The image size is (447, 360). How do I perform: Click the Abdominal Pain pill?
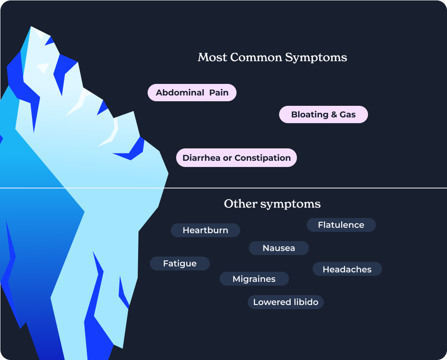click(192, 93)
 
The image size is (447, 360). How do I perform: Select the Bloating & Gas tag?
click(323, 114)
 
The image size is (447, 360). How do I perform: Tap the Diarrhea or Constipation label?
click(237, 157)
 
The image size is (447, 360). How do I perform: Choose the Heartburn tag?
click(205, 230)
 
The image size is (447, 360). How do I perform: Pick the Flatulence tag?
click(341, 225)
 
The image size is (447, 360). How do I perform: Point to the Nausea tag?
click(279, 248)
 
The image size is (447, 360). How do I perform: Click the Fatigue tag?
click(179, 263)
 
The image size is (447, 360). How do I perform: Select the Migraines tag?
click(254, 279)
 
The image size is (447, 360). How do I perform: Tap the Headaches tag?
click(347, 269)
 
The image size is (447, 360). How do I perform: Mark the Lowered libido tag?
click(286, 302)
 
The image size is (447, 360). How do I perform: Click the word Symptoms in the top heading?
click(316, 58)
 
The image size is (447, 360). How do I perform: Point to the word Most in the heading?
click(213, 57)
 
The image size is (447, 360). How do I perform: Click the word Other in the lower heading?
click(241, 204)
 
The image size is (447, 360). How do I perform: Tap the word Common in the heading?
click(256, 57)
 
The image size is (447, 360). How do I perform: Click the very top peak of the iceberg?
click(31, 26)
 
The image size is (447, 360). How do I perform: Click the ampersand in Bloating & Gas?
click(334, 114)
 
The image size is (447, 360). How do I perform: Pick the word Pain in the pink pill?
click(219, 93)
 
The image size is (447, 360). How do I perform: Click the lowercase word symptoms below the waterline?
click(291, 204)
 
